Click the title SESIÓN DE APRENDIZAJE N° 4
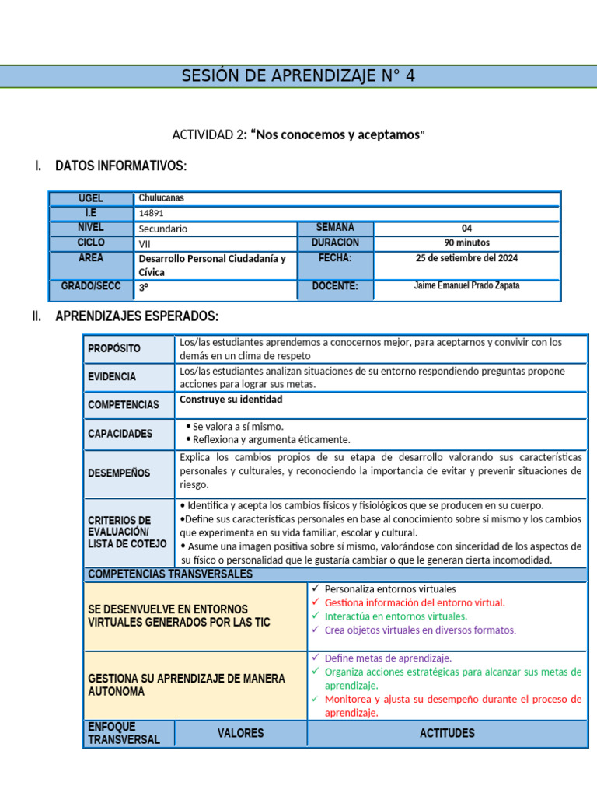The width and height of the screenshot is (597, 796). click(298, 75)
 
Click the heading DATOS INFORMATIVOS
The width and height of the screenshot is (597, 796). click(120, 166)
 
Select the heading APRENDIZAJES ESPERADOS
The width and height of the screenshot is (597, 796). click(137, 316)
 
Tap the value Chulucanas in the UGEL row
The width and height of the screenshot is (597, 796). click(161, 198)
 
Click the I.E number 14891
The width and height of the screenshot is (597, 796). click(152, 213)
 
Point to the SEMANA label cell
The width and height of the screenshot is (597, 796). click(335, 227)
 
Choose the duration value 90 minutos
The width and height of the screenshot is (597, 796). click(466, 243)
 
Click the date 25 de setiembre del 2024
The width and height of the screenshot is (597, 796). click(466, 258)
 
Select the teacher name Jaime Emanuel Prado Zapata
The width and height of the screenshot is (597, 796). click(466, 286)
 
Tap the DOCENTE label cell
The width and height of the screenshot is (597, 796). click(335, 286)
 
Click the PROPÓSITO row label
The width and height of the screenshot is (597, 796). click(114, 349)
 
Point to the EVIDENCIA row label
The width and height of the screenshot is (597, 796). click(112, 377)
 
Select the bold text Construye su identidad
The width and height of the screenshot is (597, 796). click(231, 400)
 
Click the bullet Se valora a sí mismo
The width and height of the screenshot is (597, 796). click(238, 427)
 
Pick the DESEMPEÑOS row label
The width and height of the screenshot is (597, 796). click(119, 473)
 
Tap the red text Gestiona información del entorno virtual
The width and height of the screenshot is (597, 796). click(414, 602)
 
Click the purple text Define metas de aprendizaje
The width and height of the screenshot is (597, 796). click(388, 658)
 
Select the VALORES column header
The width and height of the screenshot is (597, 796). click(240, 733)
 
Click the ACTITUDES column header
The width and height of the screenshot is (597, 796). click(447, 733)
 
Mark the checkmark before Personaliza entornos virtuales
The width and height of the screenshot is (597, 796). click(315, 588)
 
